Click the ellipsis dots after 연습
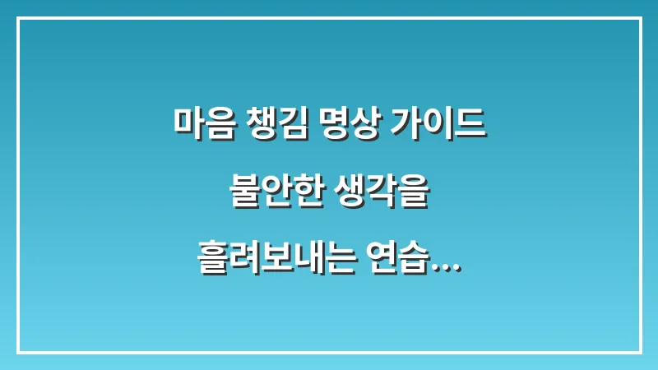446,265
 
